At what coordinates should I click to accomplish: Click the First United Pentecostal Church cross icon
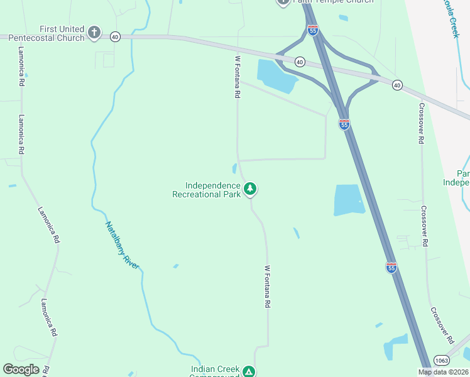point(94,32)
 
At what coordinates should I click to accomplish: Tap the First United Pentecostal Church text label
point(62,33)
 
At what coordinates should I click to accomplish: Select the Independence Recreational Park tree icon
point(250,188)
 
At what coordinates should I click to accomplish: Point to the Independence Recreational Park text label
point(206,190)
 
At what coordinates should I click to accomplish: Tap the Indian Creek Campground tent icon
point(249,371)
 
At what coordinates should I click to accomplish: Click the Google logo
point(21,369)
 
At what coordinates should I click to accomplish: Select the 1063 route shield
point(440,361)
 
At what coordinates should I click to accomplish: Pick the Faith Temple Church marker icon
point(283,2)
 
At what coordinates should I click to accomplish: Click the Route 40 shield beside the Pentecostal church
point(114,37)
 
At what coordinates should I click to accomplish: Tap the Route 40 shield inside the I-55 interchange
point(300,62)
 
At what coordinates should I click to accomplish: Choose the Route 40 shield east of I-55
point(396,84)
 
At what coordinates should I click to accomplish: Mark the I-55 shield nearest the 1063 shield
point(391,268)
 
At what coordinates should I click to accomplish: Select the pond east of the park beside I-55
point(348,200)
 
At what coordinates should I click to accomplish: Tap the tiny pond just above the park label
point(234,168)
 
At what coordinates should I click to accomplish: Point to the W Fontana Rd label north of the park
point(238,77)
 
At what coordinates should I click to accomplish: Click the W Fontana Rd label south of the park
point(267,286)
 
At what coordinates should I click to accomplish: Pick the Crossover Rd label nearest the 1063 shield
point(442,325)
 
